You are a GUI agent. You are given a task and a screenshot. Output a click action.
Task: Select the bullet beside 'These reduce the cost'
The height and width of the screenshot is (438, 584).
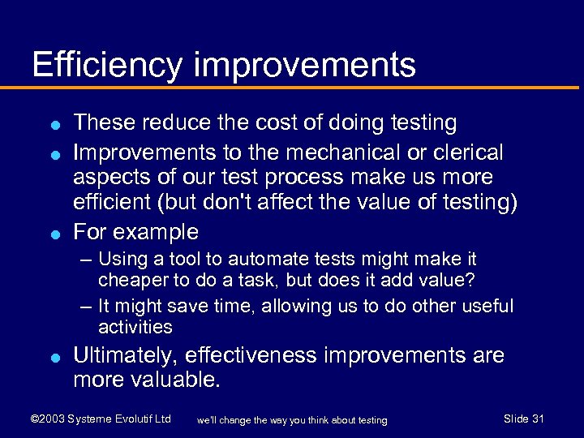point(52,125)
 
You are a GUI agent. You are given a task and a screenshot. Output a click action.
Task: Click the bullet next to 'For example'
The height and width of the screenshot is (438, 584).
point(52,234)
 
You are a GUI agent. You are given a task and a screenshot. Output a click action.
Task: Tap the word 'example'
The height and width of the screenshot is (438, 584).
point(156,233)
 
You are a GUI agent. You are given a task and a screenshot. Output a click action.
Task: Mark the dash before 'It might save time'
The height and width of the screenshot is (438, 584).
point(86,307)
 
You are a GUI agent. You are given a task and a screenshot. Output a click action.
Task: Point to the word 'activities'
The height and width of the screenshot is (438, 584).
point(135,327)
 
